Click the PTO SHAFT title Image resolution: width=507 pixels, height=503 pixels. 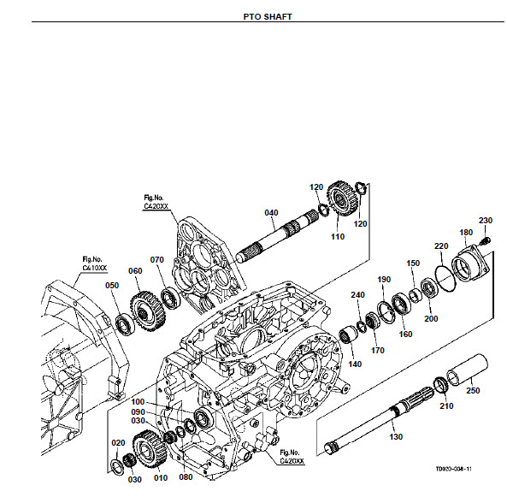[x=268, y=17]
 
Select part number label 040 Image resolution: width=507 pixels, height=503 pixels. [x=271, y=212]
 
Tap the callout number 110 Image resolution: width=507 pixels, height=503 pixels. [x=338, y=236]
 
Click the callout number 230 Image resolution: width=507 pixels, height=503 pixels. [x=486, y=221]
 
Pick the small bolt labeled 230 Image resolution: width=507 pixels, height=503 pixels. [x=486, y=240]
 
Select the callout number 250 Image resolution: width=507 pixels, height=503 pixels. [x=473, y=390]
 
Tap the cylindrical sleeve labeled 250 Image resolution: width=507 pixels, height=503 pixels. [x=467, y=370]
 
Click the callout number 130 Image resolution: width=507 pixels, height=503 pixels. [x=396, y=436]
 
